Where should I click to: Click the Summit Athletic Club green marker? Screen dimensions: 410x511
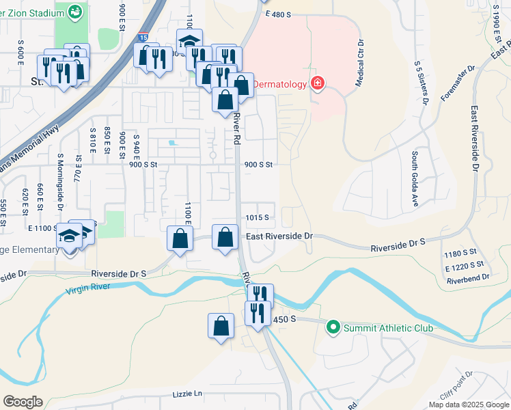click(x=333, y=328)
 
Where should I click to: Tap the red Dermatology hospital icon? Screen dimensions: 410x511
click(x=317, y=84)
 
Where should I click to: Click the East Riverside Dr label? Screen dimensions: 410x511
click(x=279, y=236)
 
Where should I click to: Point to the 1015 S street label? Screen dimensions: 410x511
click(x=258, y=218)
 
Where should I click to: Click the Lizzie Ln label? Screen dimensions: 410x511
click(x=189, y=394)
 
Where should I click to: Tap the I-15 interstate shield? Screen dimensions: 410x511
click(x=142, y=38)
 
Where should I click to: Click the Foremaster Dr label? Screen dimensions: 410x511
click(x=457, y=84)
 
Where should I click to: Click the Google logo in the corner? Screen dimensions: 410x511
click(x=22, y=402)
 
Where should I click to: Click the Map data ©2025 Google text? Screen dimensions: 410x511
click(x=468, y=405)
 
